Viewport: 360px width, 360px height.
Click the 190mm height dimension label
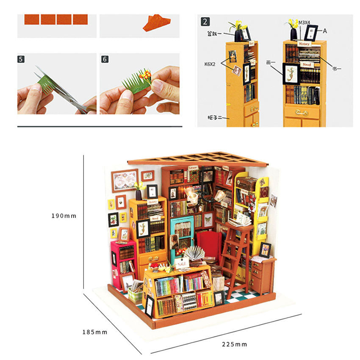point(64,216)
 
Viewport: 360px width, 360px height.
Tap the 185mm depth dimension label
point(95,332)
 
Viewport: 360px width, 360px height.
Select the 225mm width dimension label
point(234,344)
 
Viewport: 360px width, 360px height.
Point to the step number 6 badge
point(105,59)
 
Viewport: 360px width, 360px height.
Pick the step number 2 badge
point(205,21)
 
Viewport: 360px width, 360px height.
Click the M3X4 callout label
point(305,22)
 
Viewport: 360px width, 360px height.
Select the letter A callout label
point(325,30)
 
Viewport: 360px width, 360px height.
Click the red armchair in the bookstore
point(209,244)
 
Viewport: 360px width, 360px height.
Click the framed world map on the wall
point(125,180)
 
